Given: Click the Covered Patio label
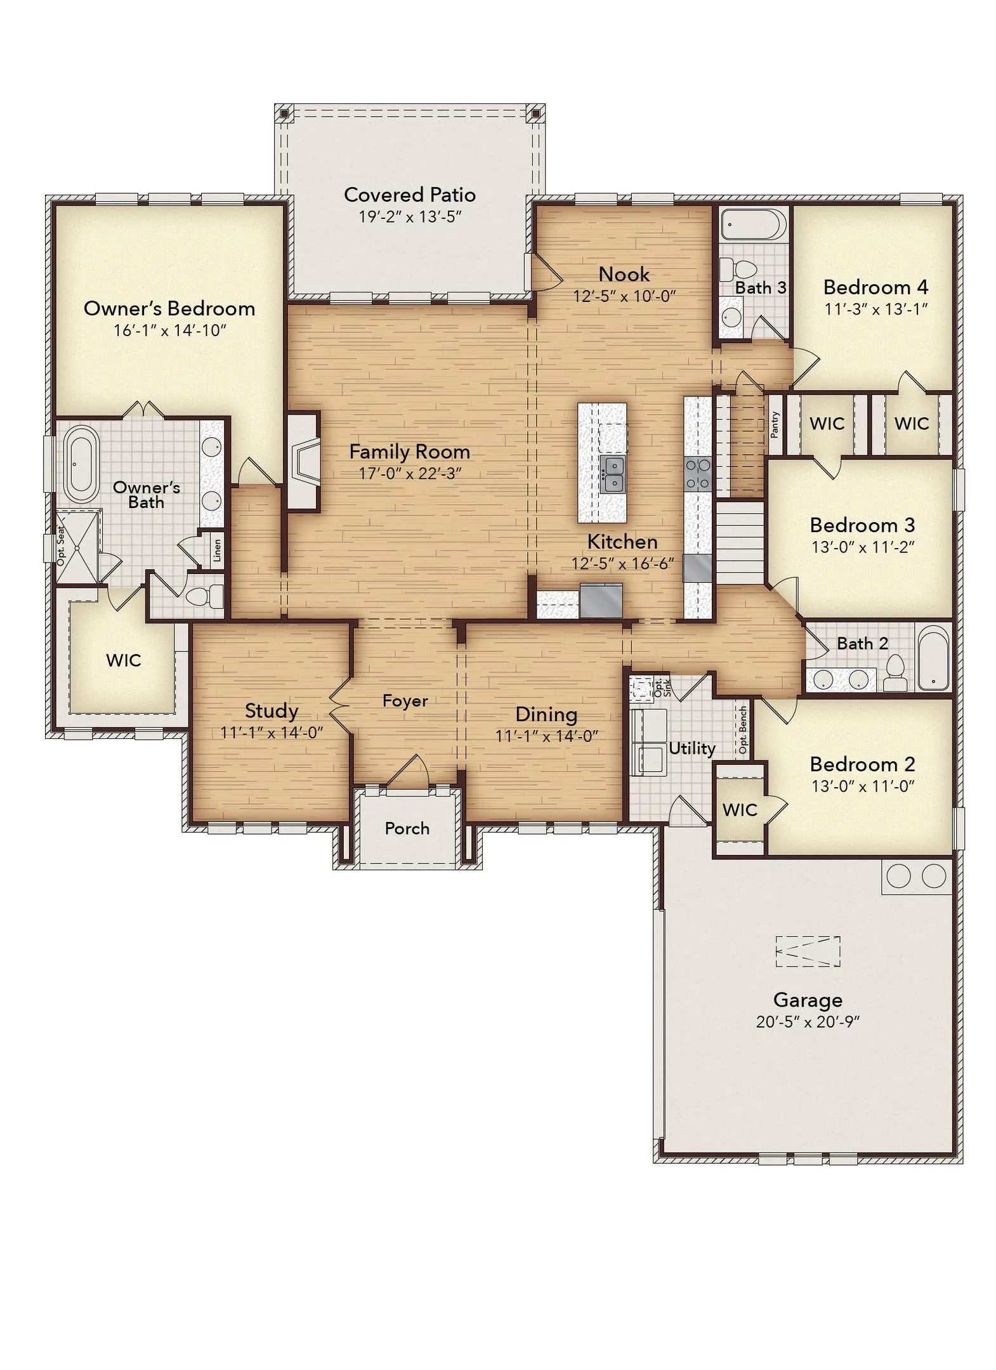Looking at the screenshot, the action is click(409, 195).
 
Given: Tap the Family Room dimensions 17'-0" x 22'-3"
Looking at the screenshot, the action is click(409, 473).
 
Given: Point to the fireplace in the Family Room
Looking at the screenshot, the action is click(303, 460).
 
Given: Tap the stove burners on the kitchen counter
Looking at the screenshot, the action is click(697, 474).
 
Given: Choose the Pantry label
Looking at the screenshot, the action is click(774, 424).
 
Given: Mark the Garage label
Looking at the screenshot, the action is click(808, 1000).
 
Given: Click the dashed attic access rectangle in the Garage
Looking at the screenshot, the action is click(808, 951).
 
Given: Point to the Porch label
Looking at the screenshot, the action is click(407, 828).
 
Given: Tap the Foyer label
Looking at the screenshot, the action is click(405, 700).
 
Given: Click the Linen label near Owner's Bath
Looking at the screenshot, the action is click(217, 550).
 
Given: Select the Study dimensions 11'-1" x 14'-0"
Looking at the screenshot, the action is click(272, 733).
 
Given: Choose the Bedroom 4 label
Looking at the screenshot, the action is click(875, 287).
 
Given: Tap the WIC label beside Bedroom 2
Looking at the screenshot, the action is click(740, 810).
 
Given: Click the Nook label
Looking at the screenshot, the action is click(624, 274).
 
